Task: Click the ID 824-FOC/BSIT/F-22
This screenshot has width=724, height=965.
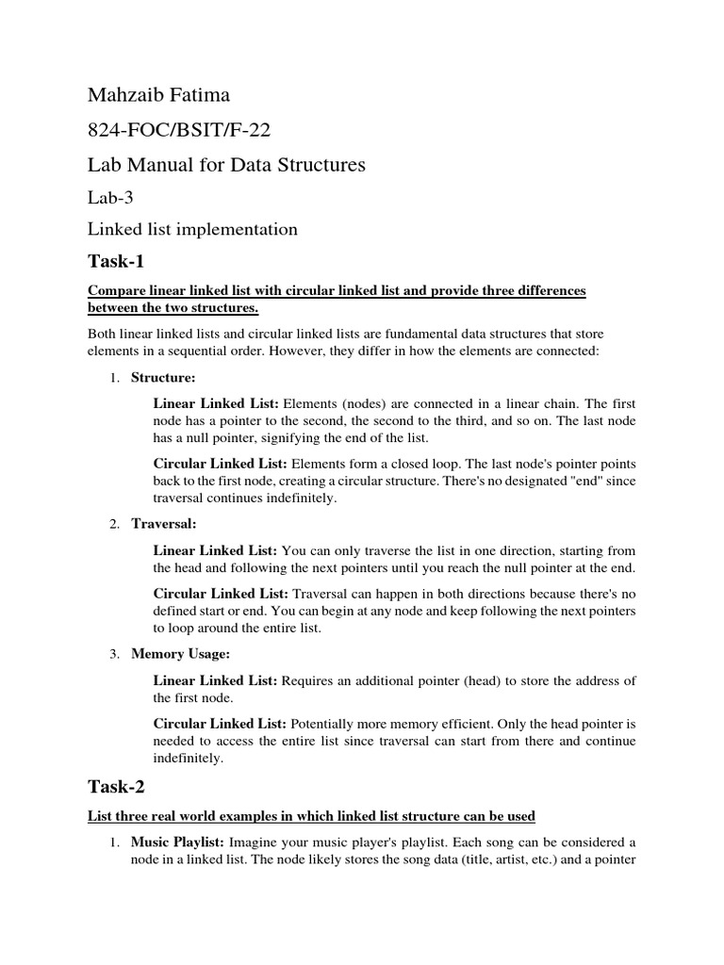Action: (179, 130)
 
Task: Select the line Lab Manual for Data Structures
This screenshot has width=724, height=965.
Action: (226, 165)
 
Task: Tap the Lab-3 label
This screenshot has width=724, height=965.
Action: (110, 197)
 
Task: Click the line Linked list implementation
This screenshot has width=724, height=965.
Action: (192, 229)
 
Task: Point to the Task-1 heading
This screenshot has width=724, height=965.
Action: (117, 261)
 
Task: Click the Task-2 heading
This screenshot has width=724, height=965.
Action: (117, 785)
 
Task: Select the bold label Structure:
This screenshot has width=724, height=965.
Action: (163, 377)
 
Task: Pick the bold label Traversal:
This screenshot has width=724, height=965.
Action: (163, 523)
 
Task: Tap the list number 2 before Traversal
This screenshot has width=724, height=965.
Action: (111, 523)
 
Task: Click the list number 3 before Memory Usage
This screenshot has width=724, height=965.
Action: (111, 653)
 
